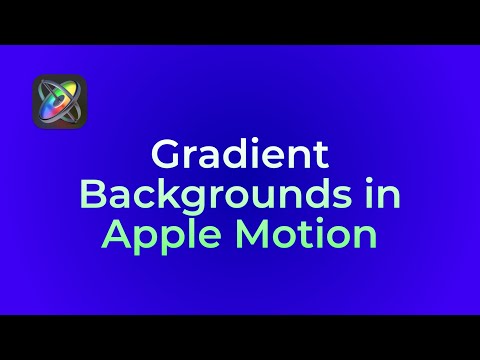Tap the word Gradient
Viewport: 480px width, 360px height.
click(x=239, y=156)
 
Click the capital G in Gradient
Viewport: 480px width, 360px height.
click(x=164, y=156)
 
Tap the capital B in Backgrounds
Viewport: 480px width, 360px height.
click(x=89, y=195)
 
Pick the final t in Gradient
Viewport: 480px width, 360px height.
click(x=321, y=157)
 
